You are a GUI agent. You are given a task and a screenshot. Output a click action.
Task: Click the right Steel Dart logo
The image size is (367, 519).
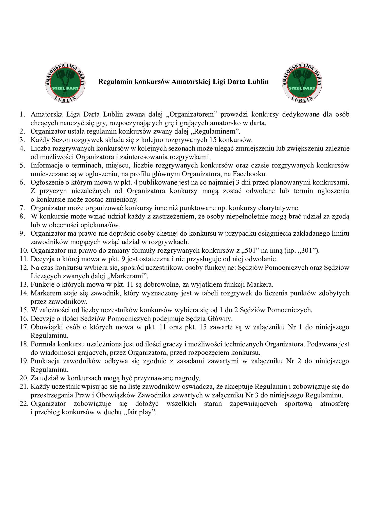coord(302,83)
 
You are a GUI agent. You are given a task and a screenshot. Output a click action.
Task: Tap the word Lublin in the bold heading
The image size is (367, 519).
coord(259,82)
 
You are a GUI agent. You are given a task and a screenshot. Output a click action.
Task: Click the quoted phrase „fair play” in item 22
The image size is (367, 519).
coord(139,412)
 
